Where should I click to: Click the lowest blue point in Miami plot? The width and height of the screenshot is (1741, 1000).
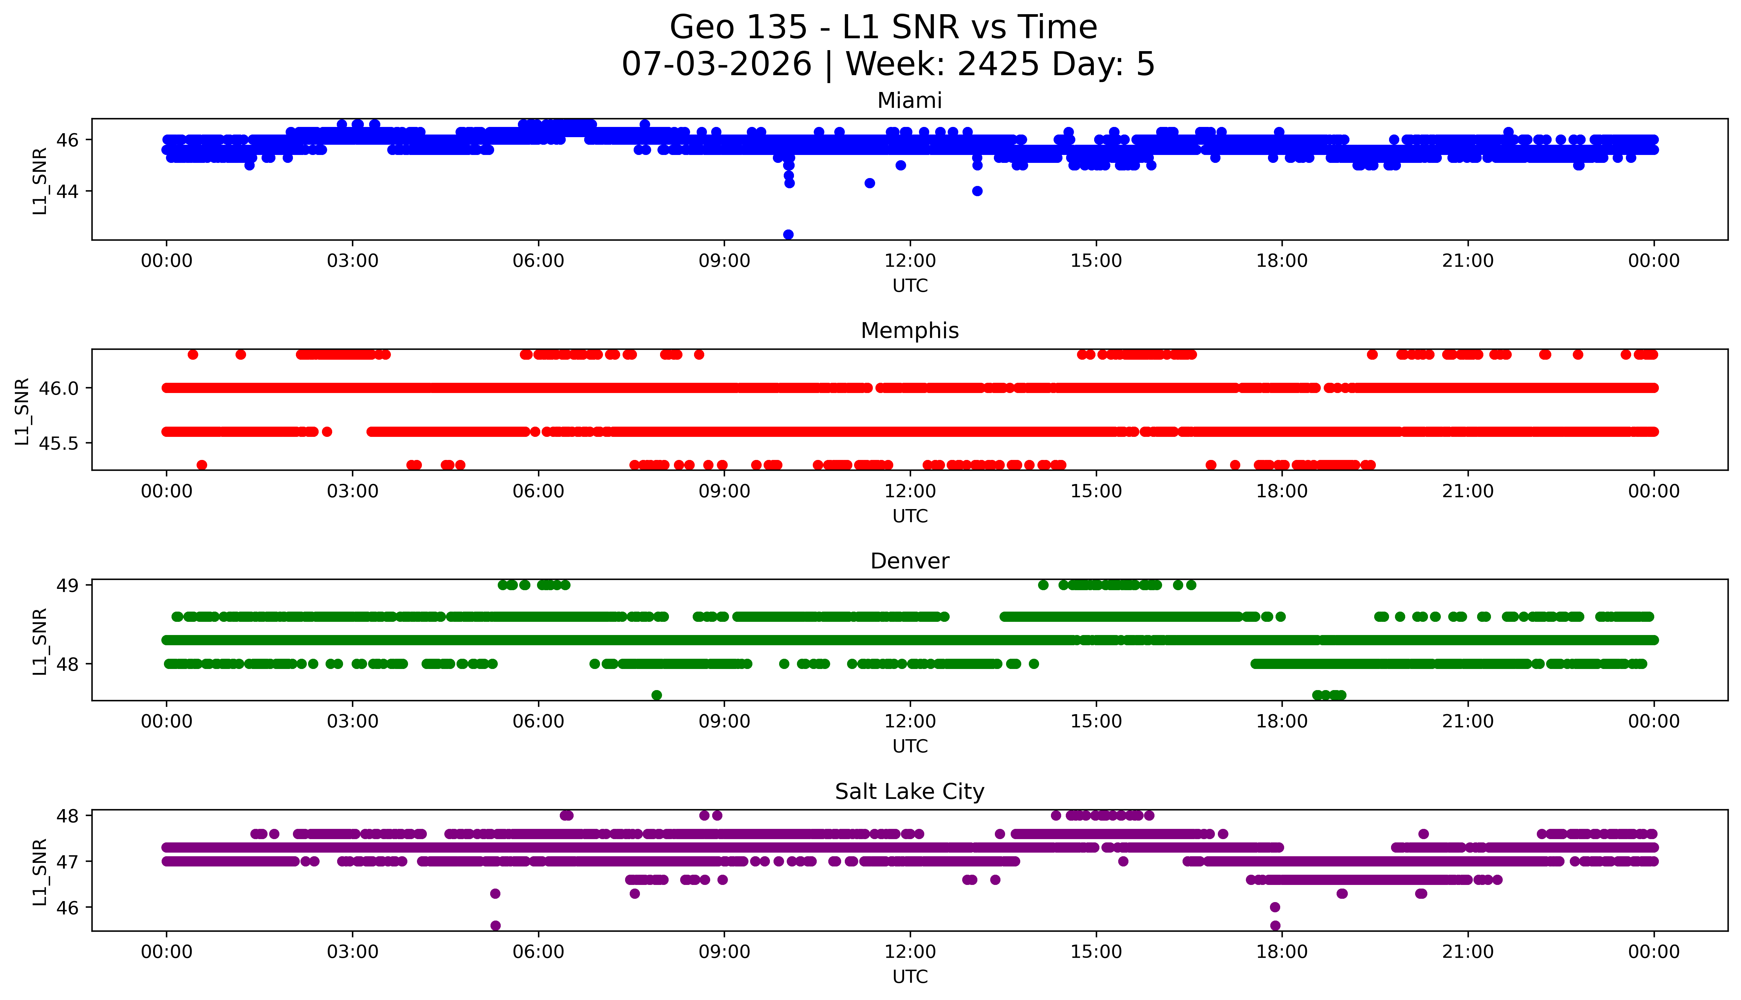click(788, 234)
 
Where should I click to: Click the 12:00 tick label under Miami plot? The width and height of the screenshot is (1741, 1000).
click(910, 261)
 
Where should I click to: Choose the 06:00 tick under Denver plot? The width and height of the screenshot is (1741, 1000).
click(538, 722)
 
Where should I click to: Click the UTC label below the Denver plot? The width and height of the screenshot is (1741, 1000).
click(910, 746)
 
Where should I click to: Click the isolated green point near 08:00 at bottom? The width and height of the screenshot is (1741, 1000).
click(656, 695)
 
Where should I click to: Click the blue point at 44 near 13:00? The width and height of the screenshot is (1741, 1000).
click(977, 191)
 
